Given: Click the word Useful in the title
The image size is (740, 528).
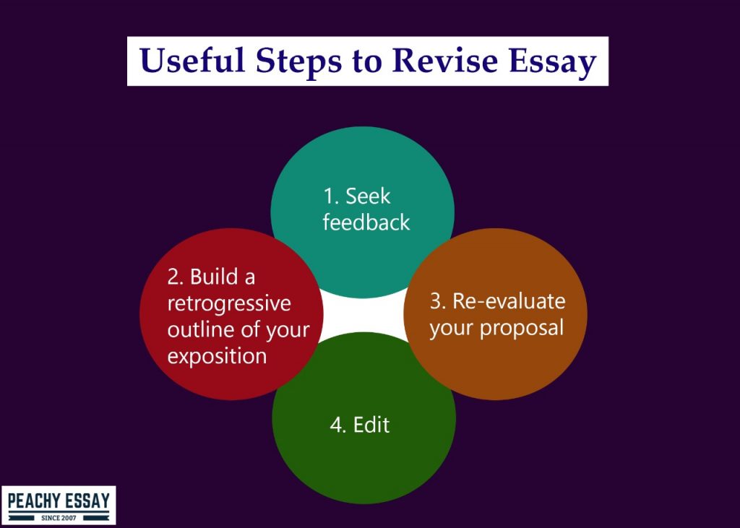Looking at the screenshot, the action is point(192,61).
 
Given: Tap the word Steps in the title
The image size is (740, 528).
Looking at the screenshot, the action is point(298,62).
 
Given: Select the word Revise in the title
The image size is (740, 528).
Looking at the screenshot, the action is point(444,61).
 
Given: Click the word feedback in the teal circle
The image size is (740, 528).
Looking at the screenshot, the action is point(366,222).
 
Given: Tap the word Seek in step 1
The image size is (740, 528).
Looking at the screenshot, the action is point(368,196).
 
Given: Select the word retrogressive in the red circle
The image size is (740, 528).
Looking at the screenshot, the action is point(229,303).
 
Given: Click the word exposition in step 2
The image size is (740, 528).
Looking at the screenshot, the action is point(217,356).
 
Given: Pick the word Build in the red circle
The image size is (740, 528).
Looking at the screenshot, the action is point(214,277).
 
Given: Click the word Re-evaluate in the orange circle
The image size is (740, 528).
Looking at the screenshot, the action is point(509,301).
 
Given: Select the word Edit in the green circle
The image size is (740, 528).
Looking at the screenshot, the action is point(371,425).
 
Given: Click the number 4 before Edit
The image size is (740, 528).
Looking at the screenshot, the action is point(337,425).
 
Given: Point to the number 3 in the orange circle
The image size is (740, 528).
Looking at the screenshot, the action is point(436,301).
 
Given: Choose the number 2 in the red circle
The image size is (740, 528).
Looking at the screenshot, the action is point(173,277).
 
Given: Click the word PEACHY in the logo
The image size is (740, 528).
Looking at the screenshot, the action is point(35,501).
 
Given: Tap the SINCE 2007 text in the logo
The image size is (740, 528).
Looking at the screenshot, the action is point(59,518).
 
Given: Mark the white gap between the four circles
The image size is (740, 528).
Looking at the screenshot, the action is point(363,315).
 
